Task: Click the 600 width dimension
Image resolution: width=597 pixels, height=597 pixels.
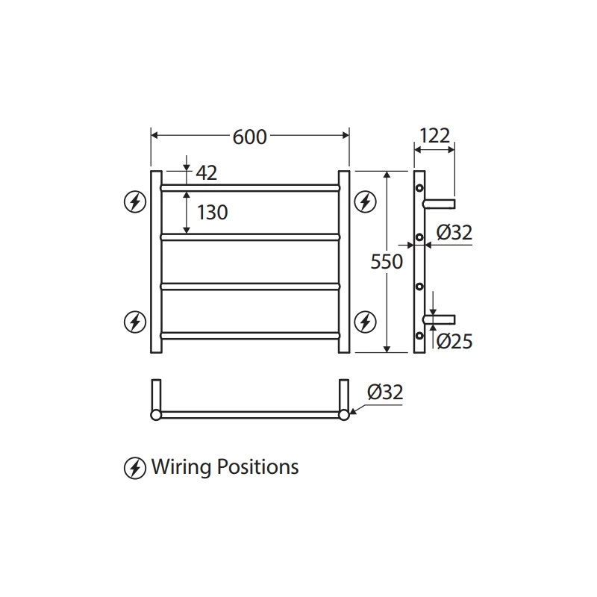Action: click(249, 136)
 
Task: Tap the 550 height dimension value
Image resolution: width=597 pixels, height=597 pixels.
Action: click(387, 262)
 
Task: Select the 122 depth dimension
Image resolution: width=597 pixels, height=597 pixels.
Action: click(434, 136)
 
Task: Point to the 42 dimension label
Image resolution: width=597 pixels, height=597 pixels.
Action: click(206, 173)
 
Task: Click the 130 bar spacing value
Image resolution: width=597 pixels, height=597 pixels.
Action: click(212, 213)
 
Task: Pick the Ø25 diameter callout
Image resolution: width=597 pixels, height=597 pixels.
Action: click(454, 341)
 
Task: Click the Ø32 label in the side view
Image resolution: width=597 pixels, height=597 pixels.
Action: click(454, 233)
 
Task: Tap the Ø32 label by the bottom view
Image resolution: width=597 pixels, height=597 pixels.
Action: click(385, 392)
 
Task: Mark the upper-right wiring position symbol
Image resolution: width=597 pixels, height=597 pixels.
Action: click(365, 201)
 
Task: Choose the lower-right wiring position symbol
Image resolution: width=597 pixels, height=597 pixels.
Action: click(365, 322)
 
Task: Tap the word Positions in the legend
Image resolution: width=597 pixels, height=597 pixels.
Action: click(257, 468)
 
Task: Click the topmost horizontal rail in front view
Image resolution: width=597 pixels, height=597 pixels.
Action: click(250, 187)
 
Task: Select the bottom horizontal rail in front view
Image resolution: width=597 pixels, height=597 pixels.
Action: click(250, 335)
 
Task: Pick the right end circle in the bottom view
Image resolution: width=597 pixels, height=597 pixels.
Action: click(344, 415)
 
